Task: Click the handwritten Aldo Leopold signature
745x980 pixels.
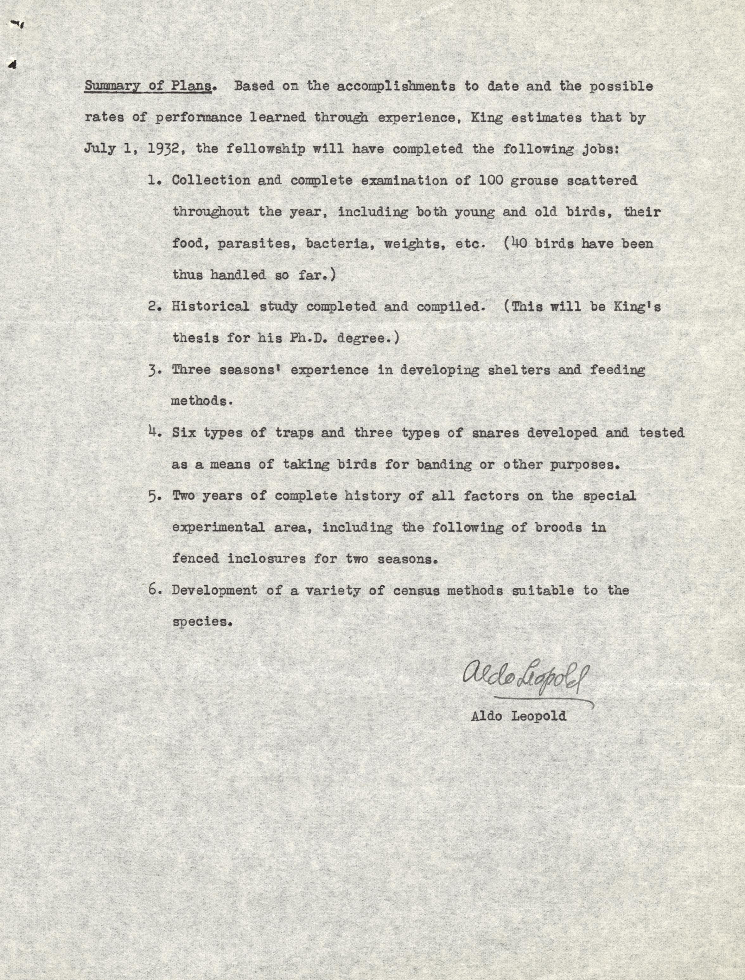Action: [526, 677]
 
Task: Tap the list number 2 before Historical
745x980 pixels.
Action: [154, 306]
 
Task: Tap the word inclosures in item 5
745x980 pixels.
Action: [266, 558]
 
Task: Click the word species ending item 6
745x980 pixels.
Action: [202, 622]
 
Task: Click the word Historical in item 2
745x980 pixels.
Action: [210, 306]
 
